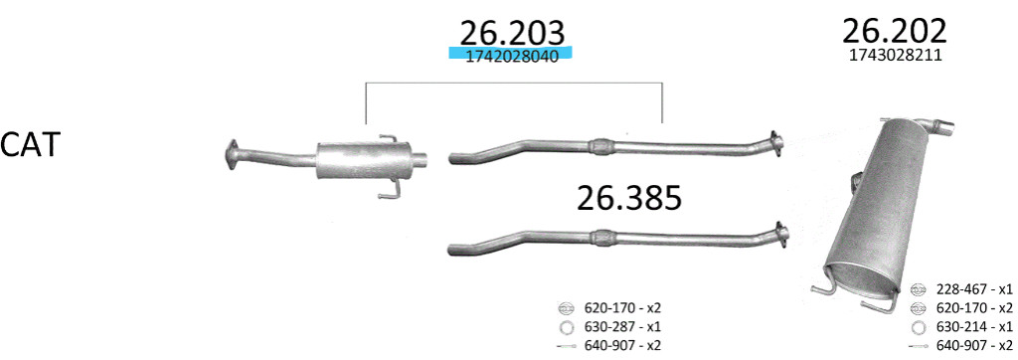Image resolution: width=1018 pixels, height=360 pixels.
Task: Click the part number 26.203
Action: (512, 33)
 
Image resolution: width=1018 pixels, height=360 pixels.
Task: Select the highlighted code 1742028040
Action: (512, 57)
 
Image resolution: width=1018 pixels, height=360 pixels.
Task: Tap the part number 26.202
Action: (895, 31)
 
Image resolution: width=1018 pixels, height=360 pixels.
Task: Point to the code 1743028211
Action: (896, 56)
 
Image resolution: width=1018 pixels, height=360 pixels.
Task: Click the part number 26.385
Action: (629, 198)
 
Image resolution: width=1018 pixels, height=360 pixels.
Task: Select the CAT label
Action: (31, 145)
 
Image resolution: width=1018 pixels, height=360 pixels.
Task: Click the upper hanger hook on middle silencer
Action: (387, 138)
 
